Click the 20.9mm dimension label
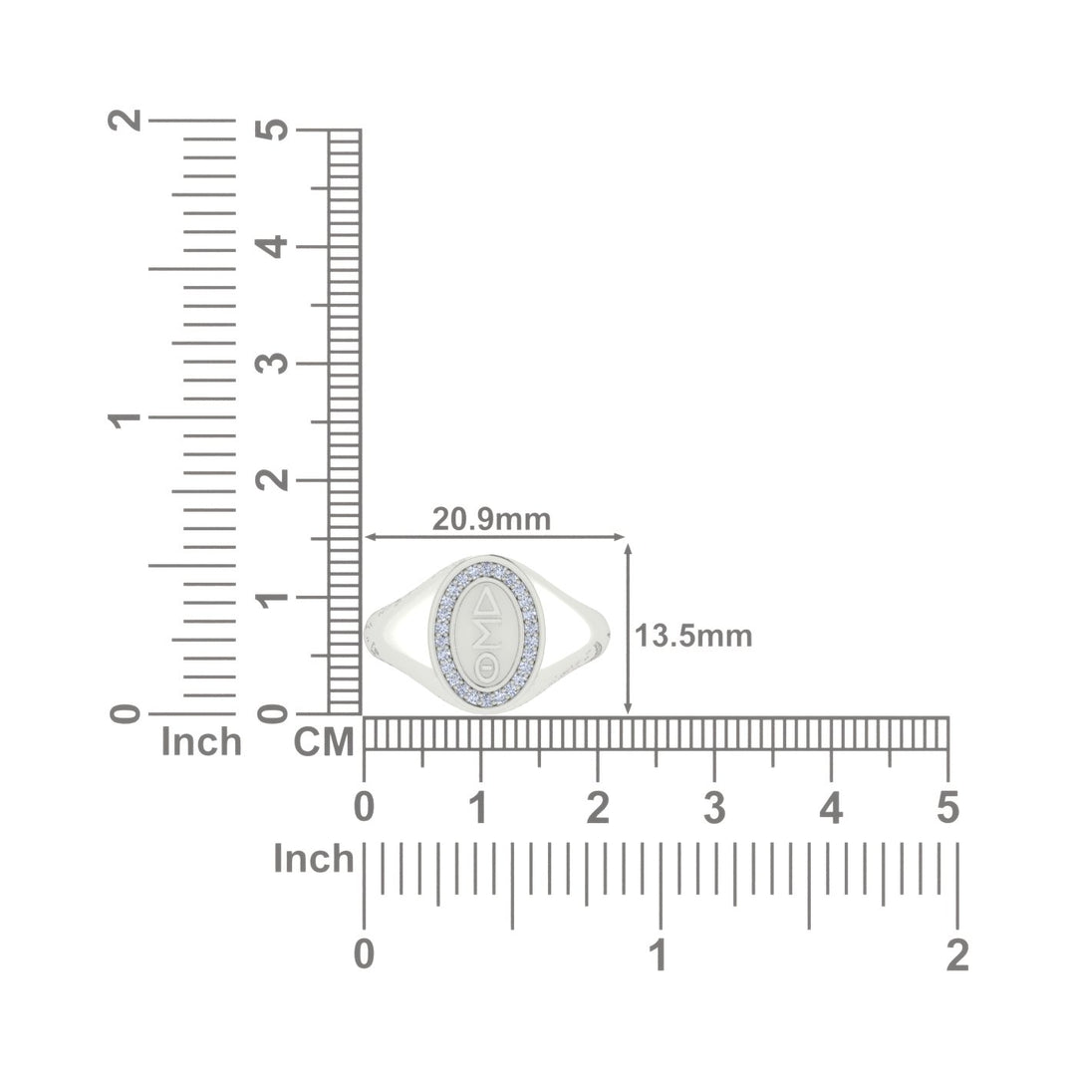[x=491, y=519]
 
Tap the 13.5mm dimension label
[x=693, y=636]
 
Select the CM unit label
[x=324, y=742]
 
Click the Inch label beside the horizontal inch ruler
[x=314, y=859]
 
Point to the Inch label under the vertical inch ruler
[x=201, y=742]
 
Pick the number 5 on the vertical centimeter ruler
[x=272, y=130]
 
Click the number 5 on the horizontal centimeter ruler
[x=947, y=808]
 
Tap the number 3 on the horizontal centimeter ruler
[x=714, y=808]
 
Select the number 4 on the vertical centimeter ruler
[x=272, y=246]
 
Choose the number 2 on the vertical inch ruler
[x=125, y=121]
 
